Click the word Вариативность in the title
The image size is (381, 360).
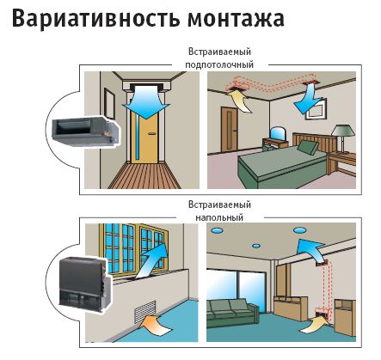pyautogui.click(x=96, y=18)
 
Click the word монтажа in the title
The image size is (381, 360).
pyautogui.click(x=236, y=19)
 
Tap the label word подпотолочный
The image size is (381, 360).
pyautogui.click(x=219, y=64)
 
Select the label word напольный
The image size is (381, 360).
pyautogui.click(x=219, y=217)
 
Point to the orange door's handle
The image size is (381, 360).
pyautogui.click(x=151, y=133)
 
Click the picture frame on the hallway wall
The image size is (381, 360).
pyautogui.click(x=110, y=103)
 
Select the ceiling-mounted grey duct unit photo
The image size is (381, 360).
pyautogui.click(x=85, y=131)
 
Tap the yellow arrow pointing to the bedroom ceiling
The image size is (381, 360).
pyautogui.click(x=240, y=101)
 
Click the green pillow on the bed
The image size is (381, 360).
pyautogui.click(x=307, y=147)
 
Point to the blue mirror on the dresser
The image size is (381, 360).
pyautogui.click(x=278, y=133)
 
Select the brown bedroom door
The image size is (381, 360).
pyautogui.click(x=230, y=129)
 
